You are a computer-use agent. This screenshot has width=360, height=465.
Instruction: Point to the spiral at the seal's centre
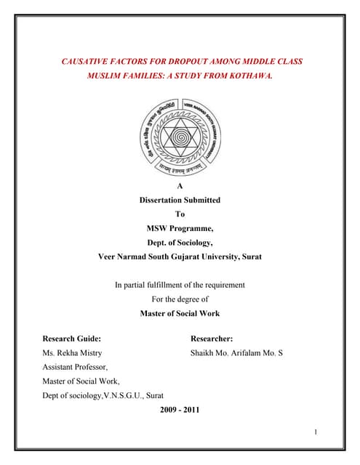point(180,136)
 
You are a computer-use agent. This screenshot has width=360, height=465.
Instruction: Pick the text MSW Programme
point(180,228)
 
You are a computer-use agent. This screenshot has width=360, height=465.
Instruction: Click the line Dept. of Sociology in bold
point(180,242)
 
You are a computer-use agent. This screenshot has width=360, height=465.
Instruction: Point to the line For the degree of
point(180,299)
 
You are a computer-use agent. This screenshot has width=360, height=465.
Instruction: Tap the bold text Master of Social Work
point(180,314)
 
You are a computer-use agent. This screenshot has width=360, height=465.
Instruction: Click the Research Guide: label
point(71,339)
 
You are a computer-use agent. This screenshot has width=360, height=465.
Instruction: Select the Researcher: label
point(212,339)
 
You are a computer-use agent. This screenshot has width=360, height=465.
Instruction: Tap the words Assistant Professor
point(75,367)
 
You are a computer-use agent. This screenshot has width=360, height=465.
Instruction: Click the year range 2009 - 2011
point(180,410)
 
